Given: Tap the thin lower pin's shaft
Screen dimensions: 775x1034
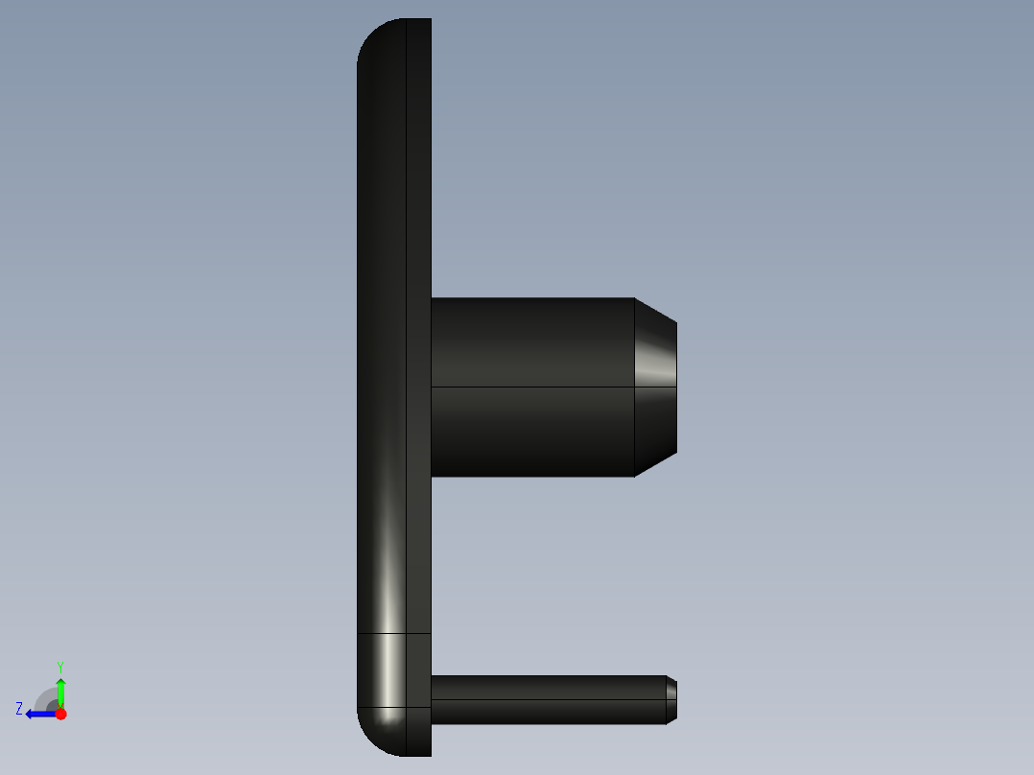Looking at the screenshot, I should tap(547, 699).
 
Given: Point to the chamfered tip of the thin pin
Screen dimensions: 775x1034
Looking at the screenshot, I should tap(671, 699).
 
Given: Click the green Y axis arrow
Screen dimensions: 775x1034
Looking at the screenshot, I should tap(60, 689).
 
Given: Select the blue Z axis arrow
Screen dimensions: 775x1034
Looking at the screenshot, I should tap(37, 714).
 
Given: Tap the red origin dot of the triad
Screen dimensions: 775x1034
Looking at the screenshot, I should tap(60, 714).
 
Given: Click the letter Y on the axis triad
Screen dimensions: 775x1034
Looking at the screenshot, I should tap(60, 666).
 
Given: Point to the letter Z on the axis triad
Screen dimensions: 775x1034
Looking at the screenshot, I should tap(19, 709).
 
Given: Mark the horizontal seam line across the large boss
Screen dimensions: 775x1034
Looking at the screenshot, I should tap(532, 387).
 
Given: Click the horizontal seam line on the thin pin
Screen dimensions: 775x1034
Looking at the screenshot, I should tap(547, 699).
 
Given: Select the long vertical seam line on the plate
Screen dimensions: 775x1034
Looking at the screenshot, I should tap(406, 336).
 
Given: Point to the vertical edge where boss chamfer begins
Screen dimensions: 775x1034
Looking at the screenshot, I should tap(635, 432).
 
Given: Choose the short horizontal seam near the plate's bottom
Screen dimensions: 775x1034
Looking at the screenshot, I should tap(393, 633).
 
